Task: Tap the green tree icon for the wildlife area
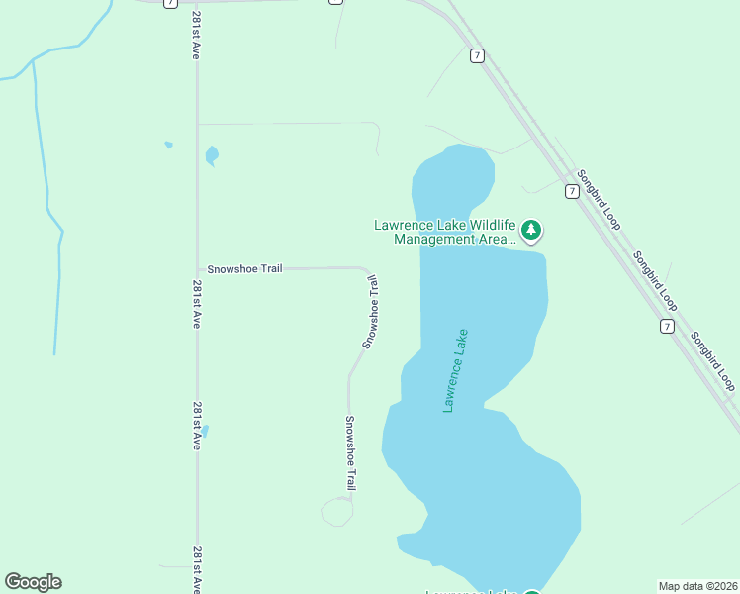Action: (x=532, y=231)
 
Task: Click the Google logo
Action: (x=33, y=582)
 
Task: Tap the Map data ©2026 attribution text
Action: (x=697, y=585)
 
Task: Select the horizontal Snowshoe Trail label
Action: (x=244, y=268)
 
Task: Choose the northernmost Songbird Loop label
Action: (x=599, y=198)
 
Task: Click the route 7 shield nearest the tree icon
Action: (x=572, y=191)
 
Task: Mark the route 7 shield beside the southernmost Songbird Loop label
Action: (x=668, y=326)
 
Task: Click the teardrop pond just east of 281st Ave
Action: (x=212, y=155)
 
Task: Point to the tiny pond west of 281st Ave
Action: (x=168, y=145)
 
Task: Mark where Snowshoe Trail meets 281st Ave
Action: (x=198, y=268)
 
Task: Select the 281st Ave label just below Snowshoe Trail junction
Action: (x=197, y=304)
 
